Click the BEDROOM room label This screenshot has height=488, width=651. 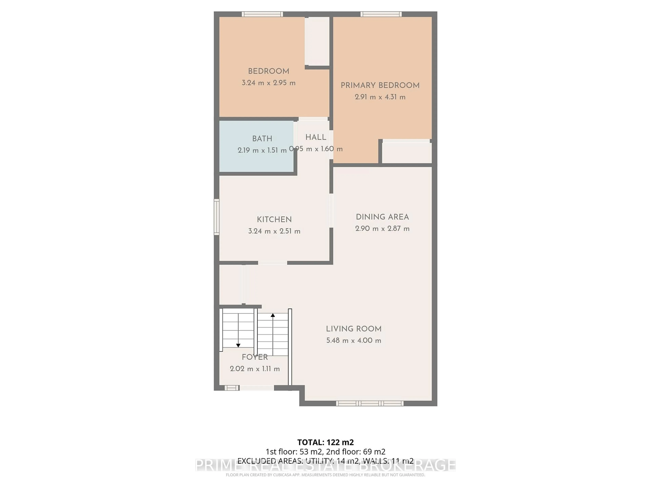point(268,71)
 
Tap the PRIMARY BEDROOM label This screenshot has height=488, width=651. point(380,85)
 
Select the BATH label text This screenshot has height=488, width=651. point(262,139)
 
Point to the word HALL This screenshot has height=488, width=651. point(316,137)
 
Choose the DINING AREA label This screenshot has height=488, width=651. point(382,217)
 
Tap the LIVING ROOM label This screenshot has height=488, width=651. point(353,329)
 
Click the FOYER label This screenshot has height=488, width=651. point(255,357)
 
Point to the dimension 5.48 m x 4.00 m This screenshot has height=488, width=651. point(353,341)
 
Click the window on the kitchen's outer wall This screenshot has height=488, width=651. point(217,217)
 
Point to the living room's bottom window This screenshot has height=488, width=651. point(370,403)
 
